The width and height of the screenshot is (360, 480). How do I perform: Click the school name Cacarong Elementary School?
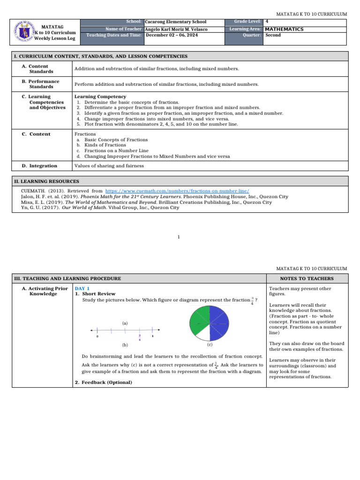pyautogui.click(x=175, y=22)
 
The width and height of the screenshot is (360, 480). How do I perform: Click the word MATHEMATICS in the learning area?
pyautogui.click(x=284, y=29)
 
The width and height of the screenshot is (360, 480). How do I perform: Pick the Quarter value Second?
pyautogui.click(x=273, y=35)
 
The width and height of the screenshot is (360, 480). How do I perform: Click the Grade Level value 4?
pyautogui.click(x=267, y=22)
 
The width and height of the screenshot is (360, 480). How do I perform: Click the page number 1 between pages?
pyautogui.click(x=179, y=237)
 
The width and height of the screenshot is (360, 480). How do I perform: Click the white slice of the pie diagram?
pyautogui.click(x=200, y=333)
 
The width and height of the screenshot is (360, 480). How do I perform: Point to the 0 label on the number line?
pyautogui.click(x=97, y=337)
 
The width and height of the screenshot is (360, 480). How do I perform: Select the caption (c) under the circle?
pyautogui.click(x=210, y=345)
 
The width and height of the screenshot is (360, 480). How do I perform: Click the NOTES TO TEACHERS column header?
pyautogui.click(x=307, y=278)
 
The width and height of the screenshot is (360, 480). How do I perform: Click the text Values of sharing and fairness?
pyautogui.click(x=109, y=166)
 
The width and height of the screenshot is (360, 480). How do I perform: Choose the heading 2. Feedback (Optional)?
pyautogui.click(x=104, y=382)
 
